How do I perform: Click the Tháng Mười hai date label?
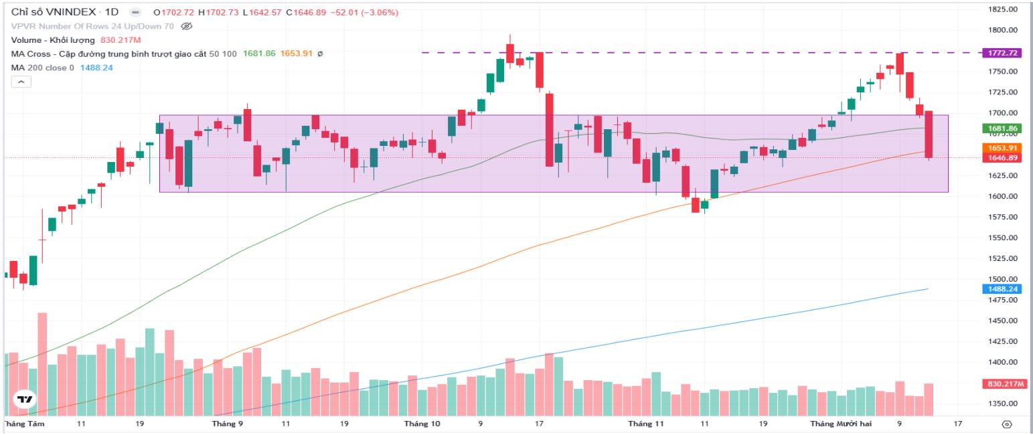[x=837, y=424]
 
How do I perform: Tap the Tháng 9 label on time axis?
[x=227, y=424]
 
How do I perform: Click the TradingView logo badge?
[x=24, y=400]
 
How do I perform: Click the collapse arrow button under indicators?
[x=21, y=82]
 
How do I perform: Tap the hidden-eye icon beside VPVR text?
[x=187, y=27]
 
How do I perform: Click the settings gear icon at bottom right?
[x=1006, y=424]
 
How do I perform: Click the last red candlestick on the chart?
[x=929, y=135]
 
